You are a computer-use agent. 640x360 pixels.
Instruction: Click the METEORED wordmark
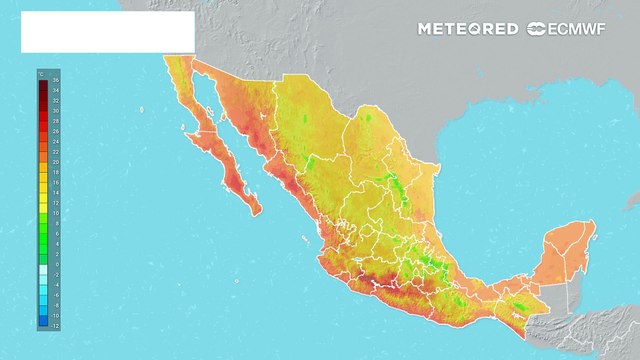(x=468, y=29)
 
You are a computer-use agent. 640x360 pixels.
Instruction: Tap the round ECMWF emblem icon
(x=536, y=29)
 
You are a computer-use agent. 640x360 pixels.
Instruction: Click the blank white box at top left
(x=107, y=32)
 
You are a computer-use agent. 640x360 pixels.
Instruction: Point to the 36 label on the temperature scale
(x=56, y=79)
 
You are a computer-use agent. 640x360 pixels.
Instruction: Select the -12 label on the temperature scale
(x=56, y=327)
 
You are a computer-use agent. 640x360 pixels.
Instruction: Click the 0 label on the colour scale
(x=56, y=265)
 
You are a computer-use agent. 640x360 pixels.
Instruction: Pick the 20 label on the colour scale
(x=56, y=161)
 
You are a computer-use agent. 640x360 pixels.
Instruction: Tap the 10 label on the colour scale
(x=56, y=213)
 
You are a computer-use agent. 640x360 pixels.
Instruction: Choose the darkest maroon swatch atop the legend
(x=43, y=81)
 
